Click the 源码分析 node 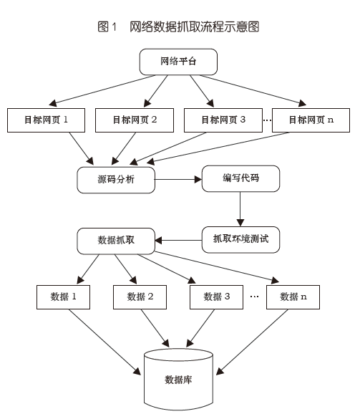point(116,180)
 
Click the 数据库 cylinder point(178,378)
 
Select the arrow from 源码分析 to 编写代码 point(179,179)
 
